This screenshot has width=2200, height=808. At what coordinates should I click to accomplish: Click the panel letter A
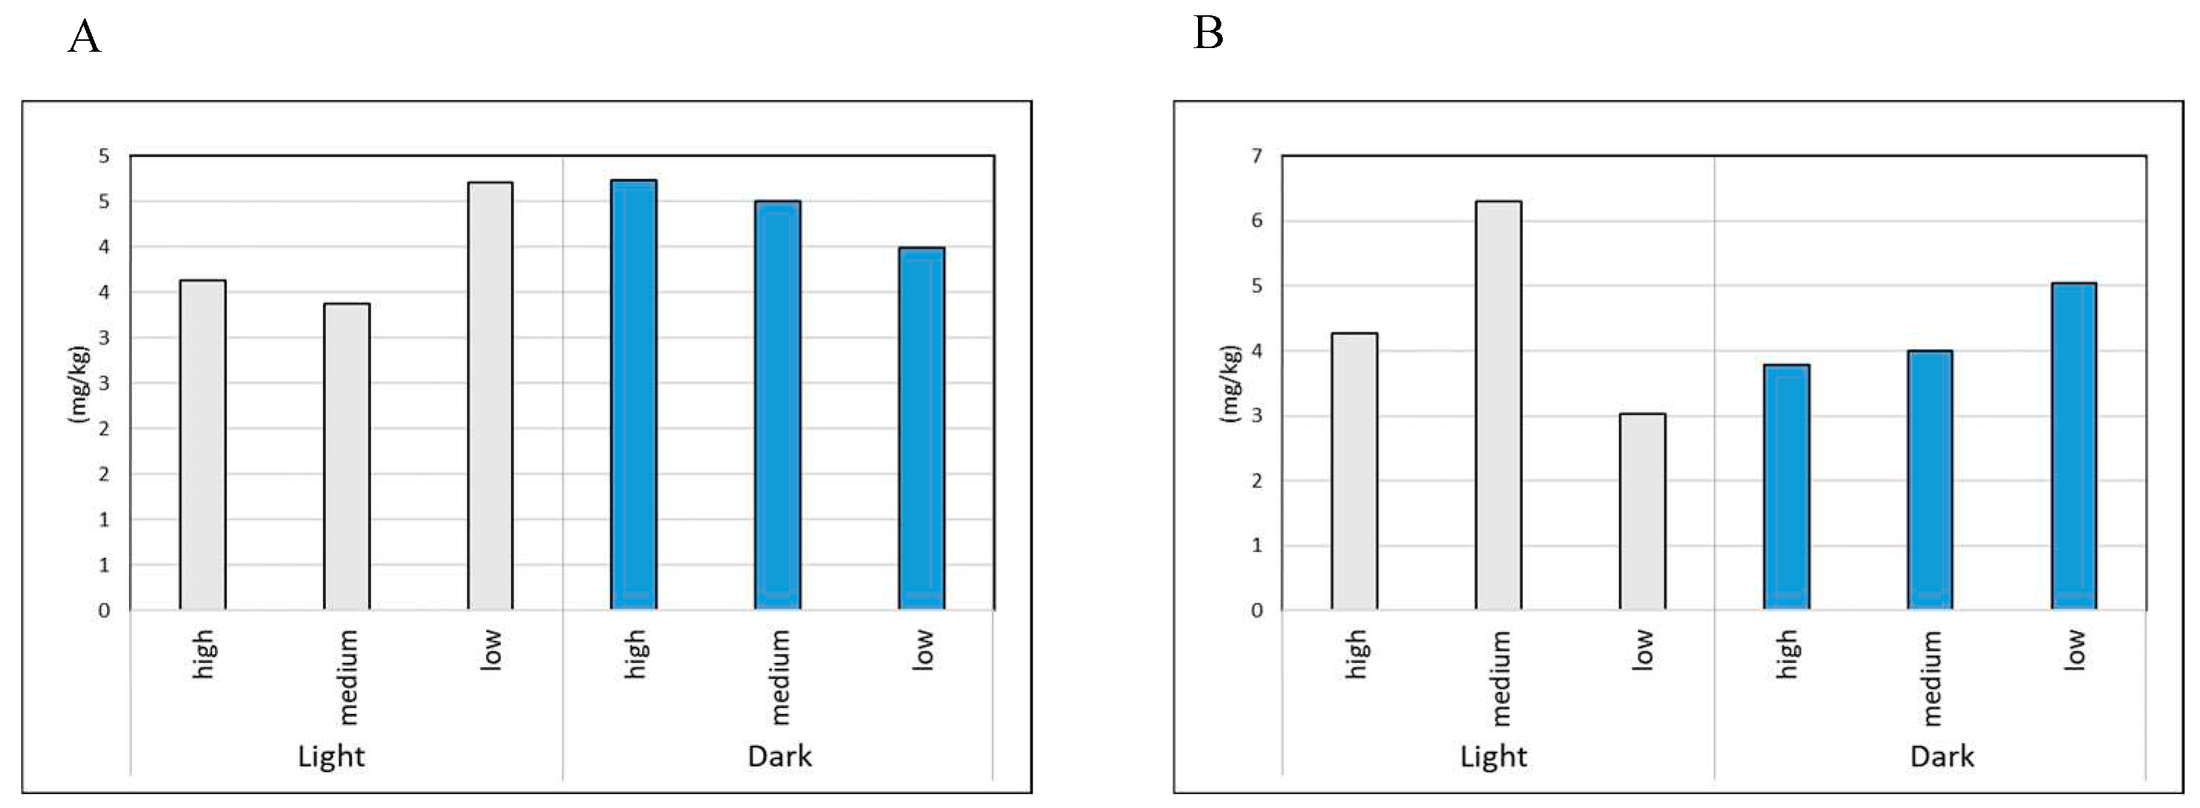coord(84,38)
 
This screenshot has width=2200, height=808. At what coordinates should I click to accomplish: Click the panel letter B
coord(1207,34)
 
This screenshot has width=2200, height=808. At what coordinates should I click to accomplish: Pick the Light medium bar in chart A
coord(347,456)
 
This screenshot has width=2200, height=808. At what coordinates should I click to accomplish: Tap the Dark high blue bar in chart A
coord(634,395)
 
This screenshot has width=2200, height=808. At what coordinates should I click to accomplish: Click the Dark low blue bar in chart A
coord(922,428)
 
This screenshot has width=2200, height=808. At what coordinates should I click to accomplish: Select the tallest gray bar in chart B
coord(1498,405)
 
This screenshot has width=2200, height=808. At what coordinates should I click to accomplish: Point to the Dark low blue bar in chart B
coord(2074,446)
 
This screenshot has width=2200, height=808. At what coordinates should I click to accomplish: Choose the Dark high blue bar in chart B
coord(1787,487)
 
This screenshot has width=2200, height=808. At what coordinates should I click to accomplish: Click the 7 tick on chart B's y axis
coord(1256,157)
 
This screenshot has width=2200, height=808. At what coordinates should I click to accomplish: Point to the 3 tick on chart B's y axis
coord(1256,416)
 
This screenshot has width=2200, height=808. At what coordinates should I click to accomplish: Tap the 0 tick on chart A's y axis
coord(104,611)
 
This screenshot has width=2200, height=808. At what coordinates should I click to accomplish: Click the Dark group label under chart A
coord(779,756)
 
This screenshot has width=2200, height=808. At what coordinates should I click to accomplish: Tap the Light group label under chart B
coord(1493,756)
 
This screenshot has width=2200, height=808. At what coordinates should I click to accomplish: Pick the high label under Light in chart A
coord(203,654)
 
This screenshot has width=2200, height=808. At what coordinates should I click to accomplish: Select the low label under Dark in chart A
coord(923,650)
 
